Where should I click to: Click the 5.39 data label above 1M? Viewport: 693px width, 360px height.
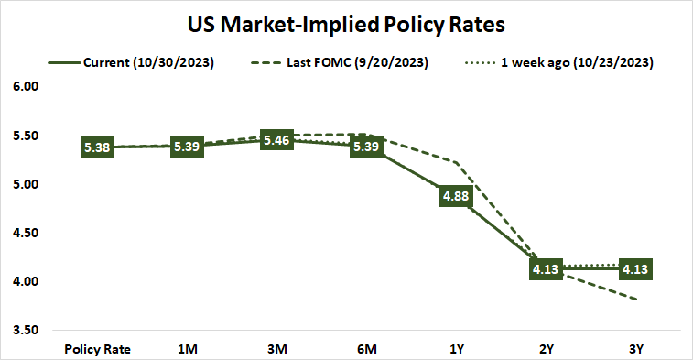coord(186,147)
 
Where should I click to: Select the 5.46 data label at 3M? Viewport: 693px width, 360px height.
coord(276,140)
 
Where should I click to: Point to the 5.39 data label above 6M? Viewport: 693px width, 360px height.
coord(365,147)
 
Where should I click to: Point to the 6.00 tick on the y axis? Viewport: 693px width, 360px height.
coord(28,87)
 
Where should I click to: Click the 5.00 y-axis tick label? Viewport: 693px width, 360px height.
coord(28,184)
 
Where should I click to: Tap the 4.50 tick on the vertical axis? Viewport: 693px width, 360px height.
coord(28,233)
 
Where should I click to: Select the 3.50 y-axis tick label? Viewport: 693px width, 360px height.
coord(28,330)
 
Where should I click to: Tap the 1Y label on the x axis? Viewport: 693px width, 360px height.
coord(455,349)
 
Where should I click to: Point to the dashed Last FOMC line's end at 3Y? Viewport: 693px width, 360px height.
coord(635,299)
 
